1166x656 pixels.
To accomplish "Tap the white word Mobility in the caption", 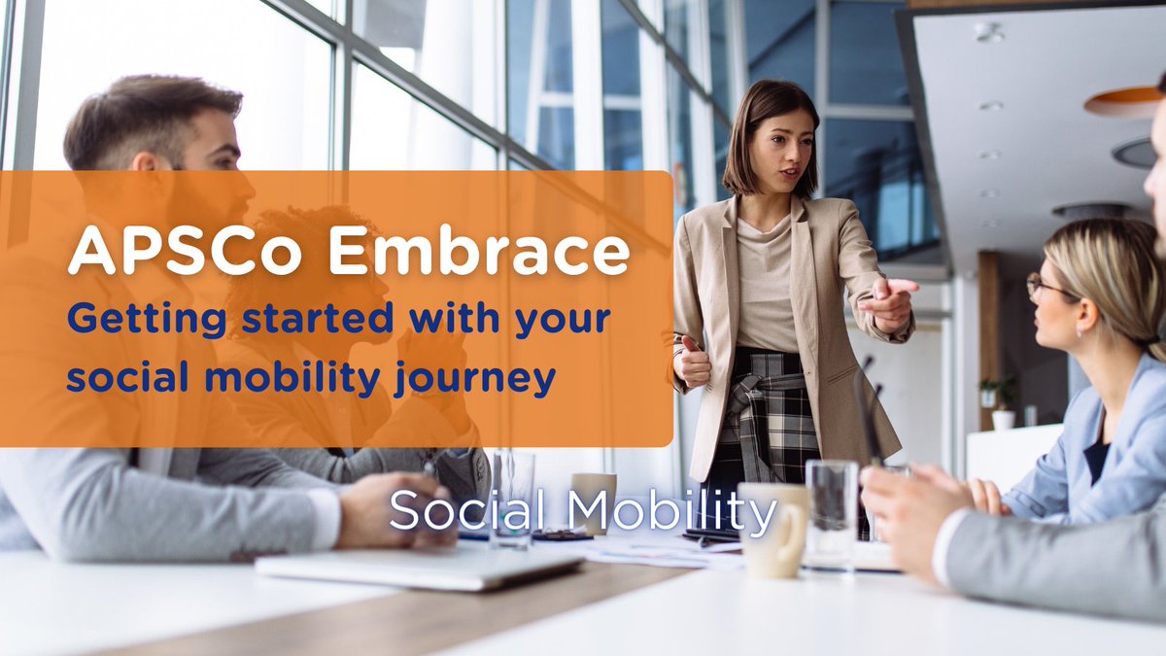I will (670, 511).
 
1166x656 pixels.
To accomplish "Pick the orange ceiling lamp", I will (1123, 102).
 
